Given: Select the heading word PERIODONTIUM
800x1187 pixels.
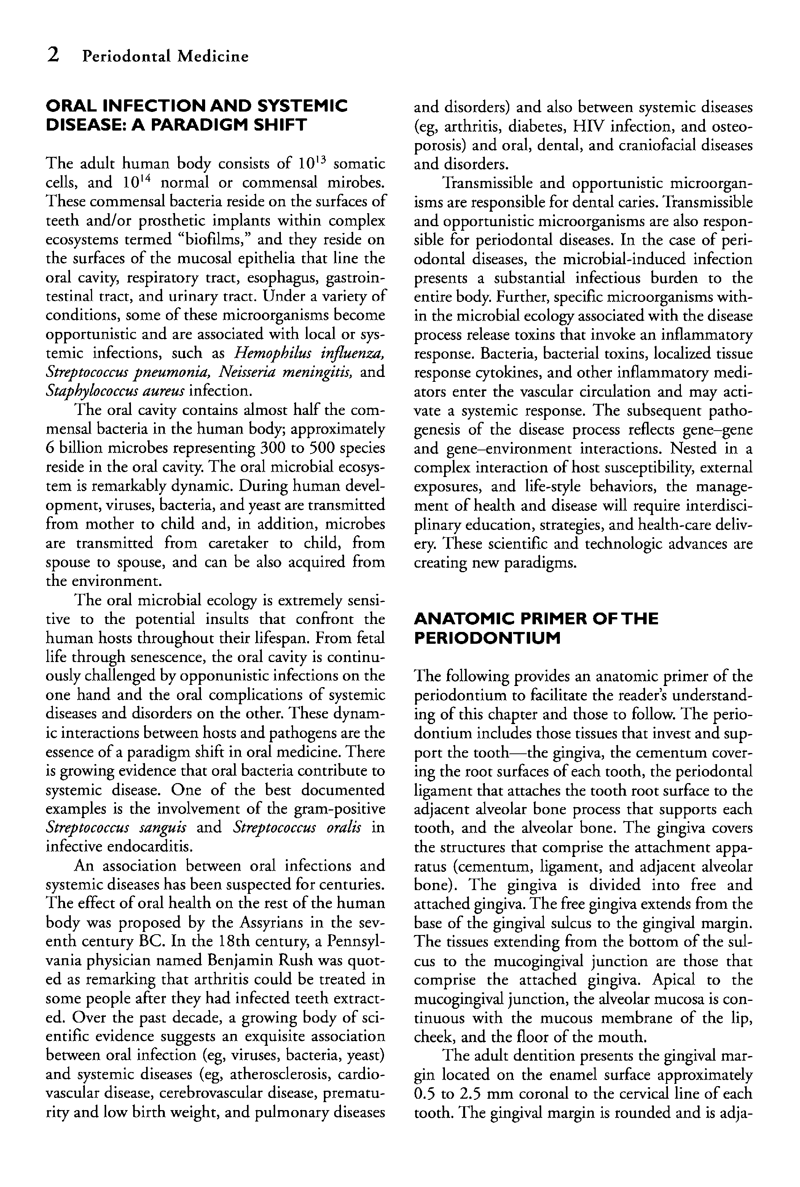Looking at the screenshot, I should (487, 638).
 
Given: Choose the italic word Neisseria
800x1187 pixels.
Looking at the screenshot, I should (244, 372).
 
